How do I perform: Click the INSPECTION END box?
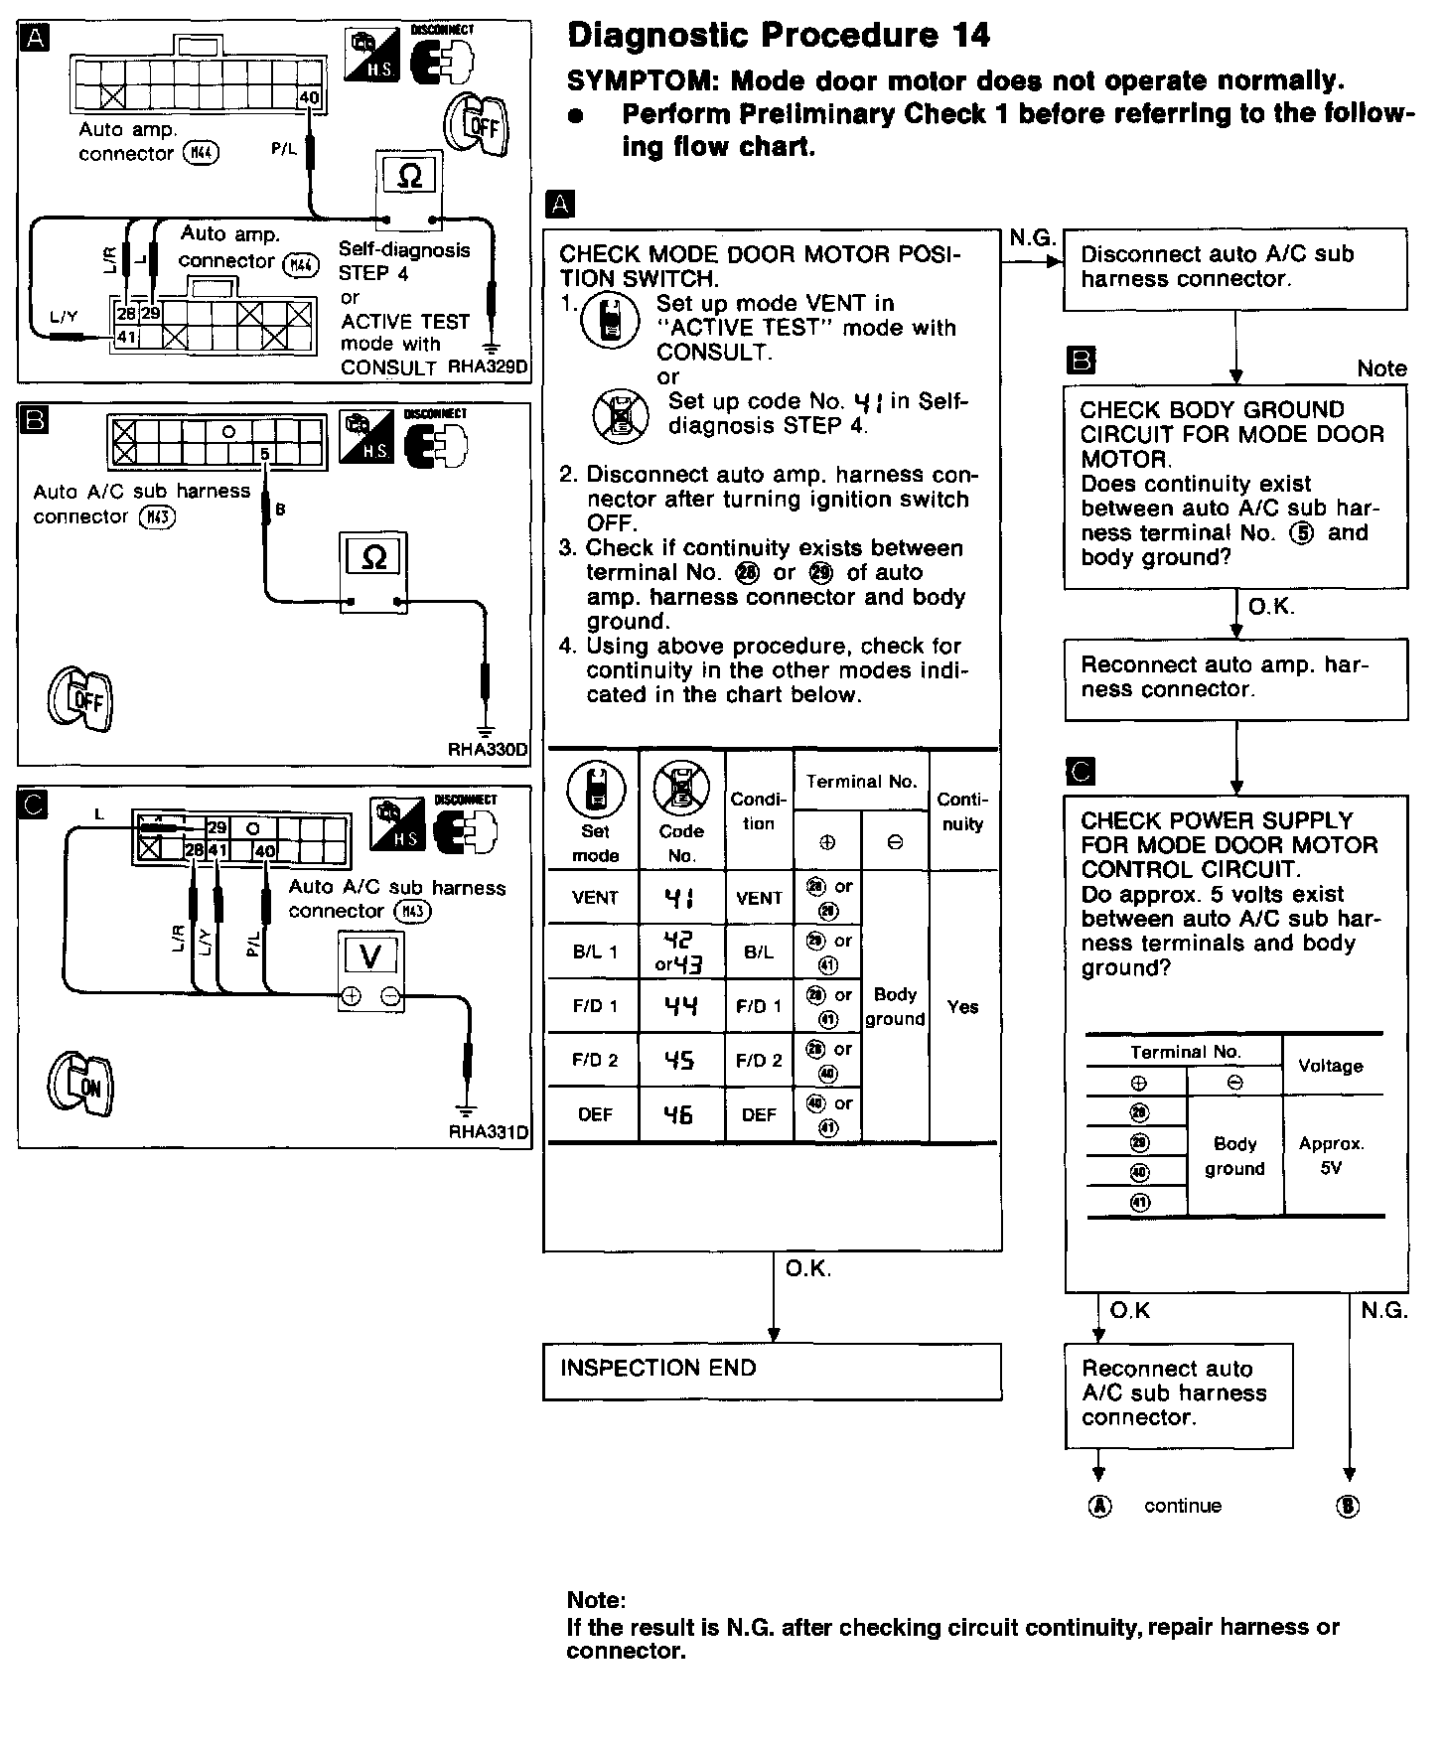[x=772, y=1371]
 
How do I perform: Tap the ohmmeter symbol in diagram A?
[x=409, y=177]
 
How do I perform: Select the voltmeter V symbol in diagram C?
[x=370, y=956]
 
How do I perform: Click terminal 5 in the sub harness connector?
[x=264, y=455]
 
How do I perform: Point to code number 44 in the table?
[x=680, y=1007]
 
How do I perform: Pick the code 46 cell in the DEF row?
[x=680, y=1115]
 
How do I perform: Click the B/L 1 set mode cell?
[x=595, y=951]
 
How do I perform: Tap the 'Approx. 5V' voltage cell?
[x=1331, y=1155]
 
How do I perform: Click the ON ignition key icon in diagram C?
[x=83, y=1086]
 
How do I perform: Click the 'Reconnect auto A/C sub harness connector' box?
[x=1177, y=1393]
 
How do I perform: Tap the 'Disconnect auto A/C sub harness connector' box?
[x=1234, y=267]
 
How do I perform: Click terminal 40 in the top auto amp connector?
[x=310, y=97]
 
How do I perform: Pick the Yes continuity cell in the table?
[x=962, y=1007]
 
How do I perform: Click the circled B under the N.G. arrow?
[x=1348, y=1507]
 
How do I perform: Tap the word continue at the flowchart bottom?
[x=1182, y=1506]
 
